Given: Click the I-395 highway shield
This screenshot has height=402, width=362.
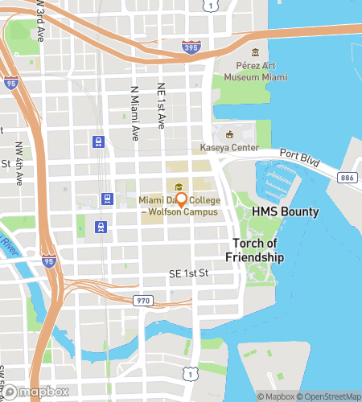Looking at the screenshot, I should [191, 47].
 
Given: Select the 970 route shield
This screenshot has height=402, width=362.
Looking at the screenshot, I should [142, 299].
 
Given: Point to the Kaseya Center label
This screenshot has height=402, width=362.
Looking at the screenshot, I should [229, 148].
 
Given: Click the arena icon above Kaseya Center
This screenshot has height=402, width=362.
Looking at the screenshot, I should [230, 134].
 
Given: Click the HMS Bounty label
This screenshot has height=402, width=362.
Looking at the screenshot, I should [285, 212].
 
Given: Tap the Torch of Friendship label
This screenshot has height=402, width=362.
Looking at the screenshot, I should [258, 250].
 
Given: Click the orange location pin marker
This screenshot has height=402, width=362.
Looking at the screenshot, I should [182, 199].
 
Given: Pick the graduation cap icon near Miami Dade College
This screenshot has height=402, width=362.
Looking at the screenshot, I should [177, 187].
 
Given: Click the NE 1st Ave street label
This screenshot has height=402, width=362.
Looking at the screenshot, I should [161, 105].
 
